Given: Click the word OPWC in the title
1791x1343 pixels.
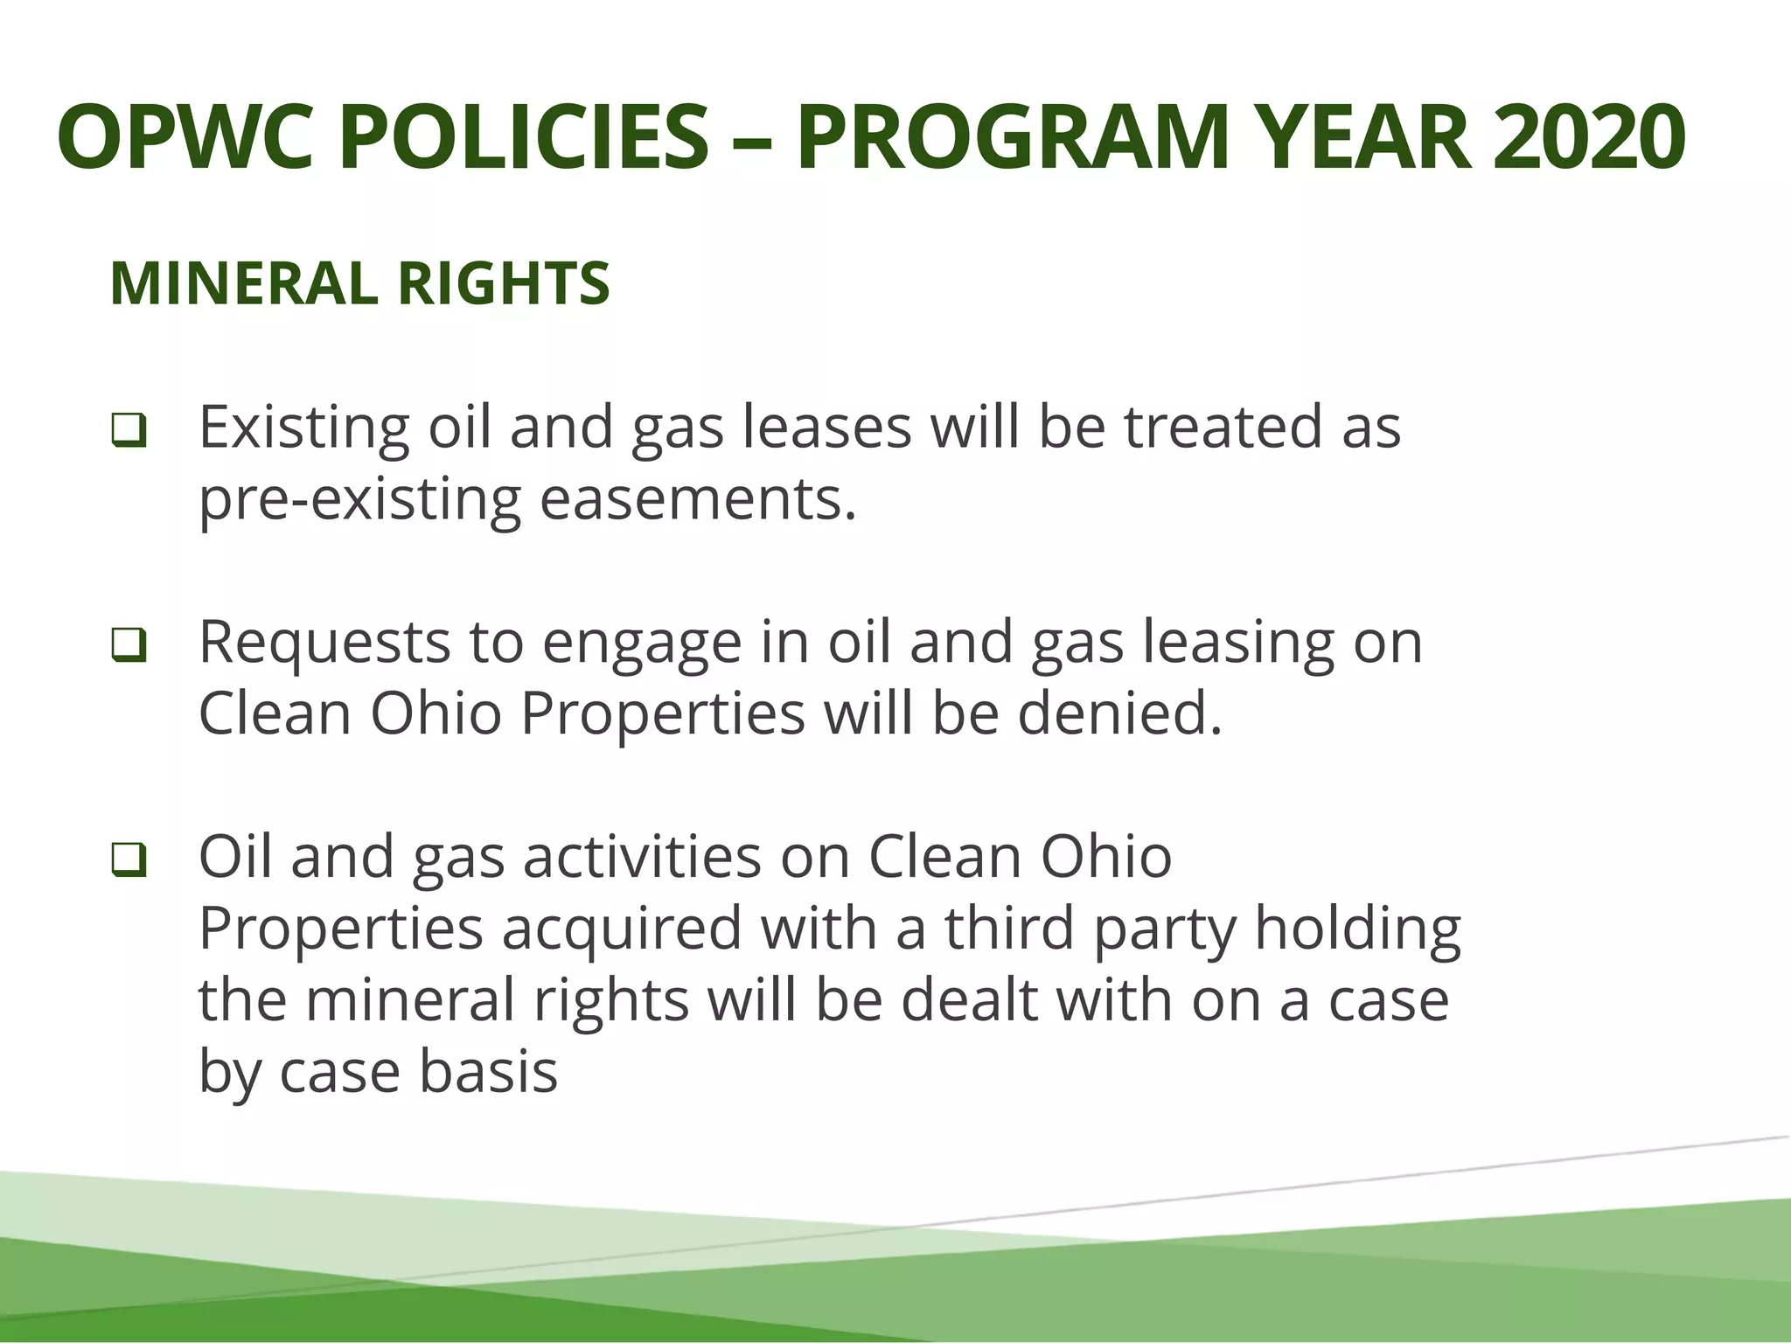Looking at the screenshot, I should coord(184,137).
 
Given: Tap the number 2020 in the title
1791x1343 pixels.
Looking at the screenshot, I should coord(1589,137).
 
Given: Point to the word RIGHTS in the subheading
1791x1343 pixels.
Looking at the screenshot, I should coord(504,284).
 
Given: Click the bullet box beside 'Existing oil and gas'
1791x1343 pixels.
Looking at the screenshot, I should coord(129,431).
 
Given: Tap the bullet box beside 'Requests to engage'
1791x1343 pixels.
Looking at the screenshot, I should coord(129,646).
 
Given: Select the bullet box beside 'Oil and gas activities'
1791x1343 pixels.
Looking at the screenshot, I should coord(129,861).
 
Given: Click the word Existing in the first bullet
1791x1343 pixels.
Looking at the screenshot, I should coord(303,428).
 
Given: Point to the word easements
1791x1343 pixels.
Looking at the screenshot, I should coord(698,500).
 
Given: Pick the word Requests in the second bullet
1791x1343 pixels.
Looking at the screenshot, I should coord(324,644).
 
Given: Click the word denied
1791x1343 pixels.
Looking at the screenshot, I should coord(1119,714).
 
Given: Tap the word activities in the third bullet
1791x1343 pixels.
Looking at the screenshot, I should coord(643,858).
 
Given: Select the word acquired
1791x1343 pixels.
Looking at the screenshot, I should coord(622,929).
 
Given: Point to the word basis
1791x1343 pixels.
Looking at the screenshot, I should coord(488,1073).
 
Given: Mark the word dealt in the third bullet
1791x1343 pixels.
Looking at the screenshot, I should coord(969,1001).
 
